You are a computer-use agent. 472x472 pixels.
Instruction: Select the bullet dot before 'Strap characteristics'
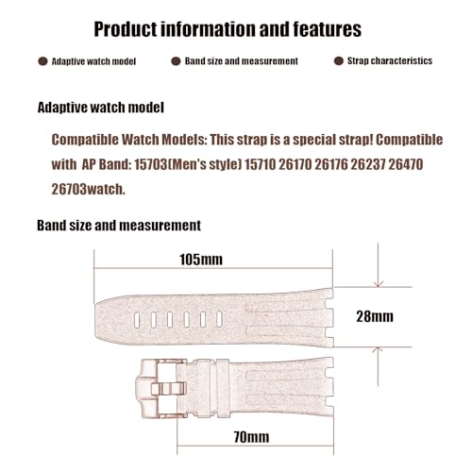338,61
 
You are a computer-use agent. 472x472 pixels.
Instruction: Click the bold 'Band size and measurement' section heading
118,227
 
